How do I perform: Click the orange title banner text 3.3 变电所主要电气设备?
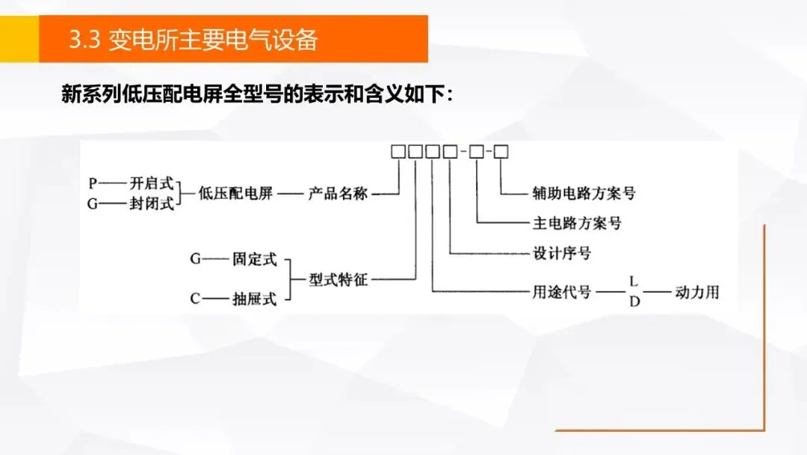click(193, 40)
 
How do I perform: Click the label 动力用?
click(696, 292)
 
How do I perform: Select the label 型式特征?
click(338, 281)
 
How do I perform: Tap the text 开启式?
click(152, 183)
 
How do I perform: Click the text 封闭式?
click(152, 204)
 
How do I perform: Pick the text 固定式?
click(254, 260)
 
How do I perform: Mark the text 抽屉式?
click(254, 299)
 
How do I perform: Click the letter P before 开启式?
click(93, 183)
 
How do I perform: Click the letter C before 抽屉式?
click(195, 299)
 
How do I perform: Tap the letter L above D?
click(633, 281)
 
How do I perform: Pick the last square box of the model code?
click(501, 152)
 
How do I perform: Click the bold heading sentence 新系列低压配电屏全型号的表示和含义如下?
click(257, 96)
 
